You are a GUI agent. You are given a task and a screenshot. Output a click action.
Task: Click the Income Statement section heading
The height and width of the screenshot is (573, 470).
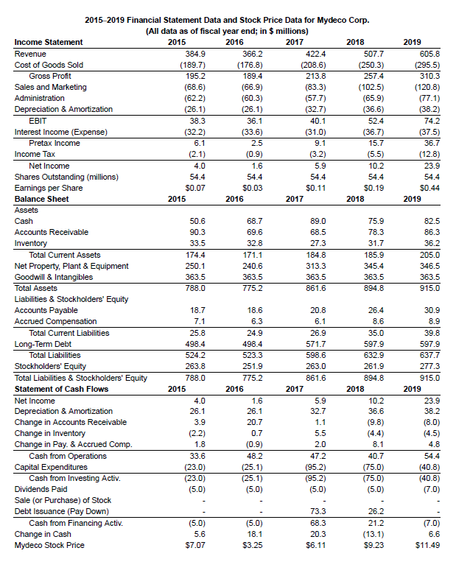point(49,43)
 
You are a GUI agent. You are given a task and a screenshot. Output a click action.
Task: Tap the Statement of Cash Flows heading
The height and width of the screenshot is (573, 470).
point(61,389)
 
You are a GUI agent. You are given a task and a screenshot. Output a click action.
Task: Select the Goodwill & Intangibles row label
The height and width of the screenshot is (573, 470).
point(55,276)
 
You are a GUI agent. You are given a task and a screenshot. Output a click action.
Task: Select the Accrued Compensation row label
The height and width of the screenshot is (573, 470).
point(55,321)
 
